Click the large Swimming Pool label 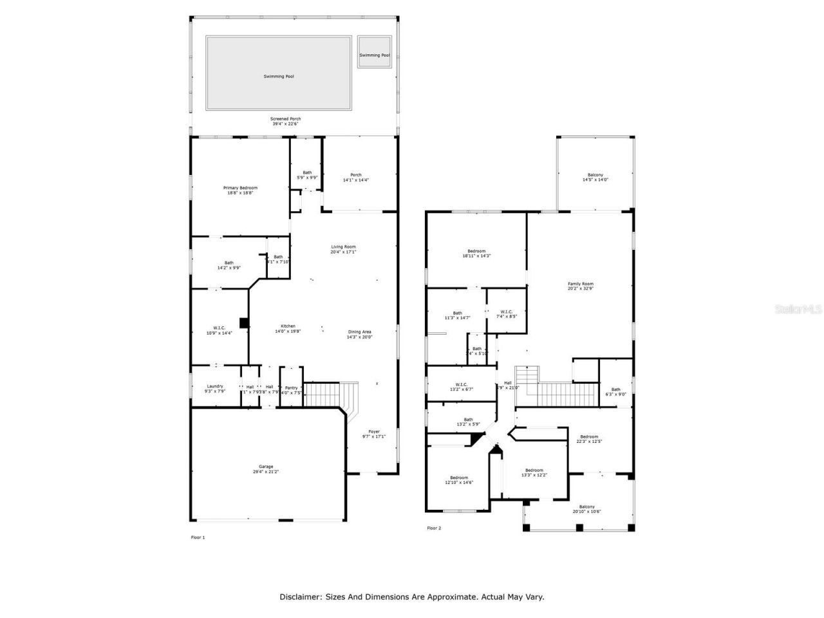[279, 77]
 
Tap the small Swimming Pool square [375, 55]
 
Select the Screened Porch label [285, 121]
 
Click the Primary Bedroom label [240, 190]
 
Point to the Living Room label [343, 249]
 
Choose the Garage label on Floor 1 [266, 469]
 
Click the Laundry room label [215, 388]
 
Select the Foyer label [374, 434]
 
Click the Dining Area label [359, 334]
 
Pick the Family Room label [580, 286]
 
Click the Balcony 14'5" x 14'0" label [595, 177]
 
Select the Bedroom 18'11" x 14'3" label [476, 253]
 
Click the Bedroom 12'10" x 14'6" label [459, 480]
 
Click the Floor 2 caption [434, 528]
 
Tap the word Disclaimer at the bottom [300, 597]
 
